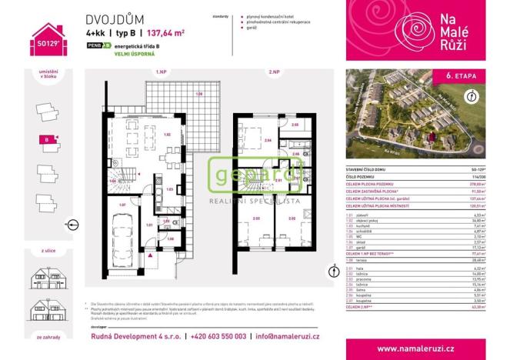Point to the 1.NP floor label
(x=161, y=72)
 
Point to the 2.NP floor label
(x=273, y=72)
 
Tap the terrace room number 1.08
(x=198, y=95)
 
